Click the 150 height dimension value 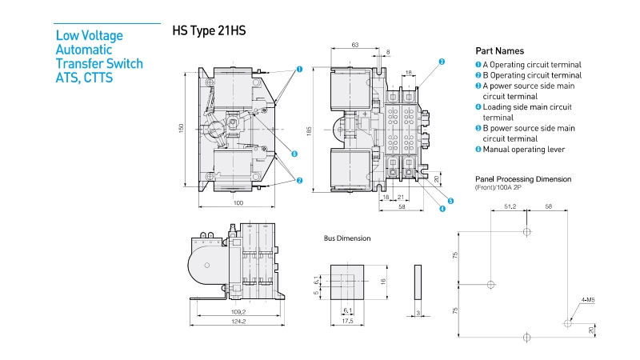click(182, 128)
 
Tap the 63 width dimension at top click(354, 46)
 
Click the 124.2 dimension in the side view click(238, 322)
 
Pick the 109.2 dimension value click(238, 311)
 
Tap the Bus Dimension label click(347, 238)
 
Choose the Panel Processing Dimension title click(523, 179)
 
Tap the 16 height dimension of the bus click(383, 281)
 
